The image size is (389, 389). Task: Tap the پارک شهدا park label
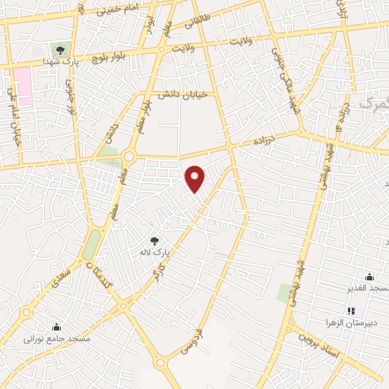[58, 61]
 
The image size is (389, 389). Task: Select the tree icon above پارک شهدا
[60, 50]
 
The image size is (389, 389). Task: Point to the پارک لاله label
[152, 251]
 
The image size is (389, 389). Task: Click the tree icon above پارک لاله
[155, 240]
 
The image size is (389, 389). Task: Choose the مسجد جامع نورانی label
[57, 337]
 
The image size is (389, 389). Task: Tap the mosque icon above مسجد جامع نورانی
[55, 327]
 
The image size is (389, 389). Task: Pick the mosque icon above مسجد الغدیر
[369, 277]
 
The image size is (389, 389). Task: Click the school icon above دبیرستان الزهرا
[350, 311]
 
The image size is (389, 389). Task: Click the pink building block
[23, 86]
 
